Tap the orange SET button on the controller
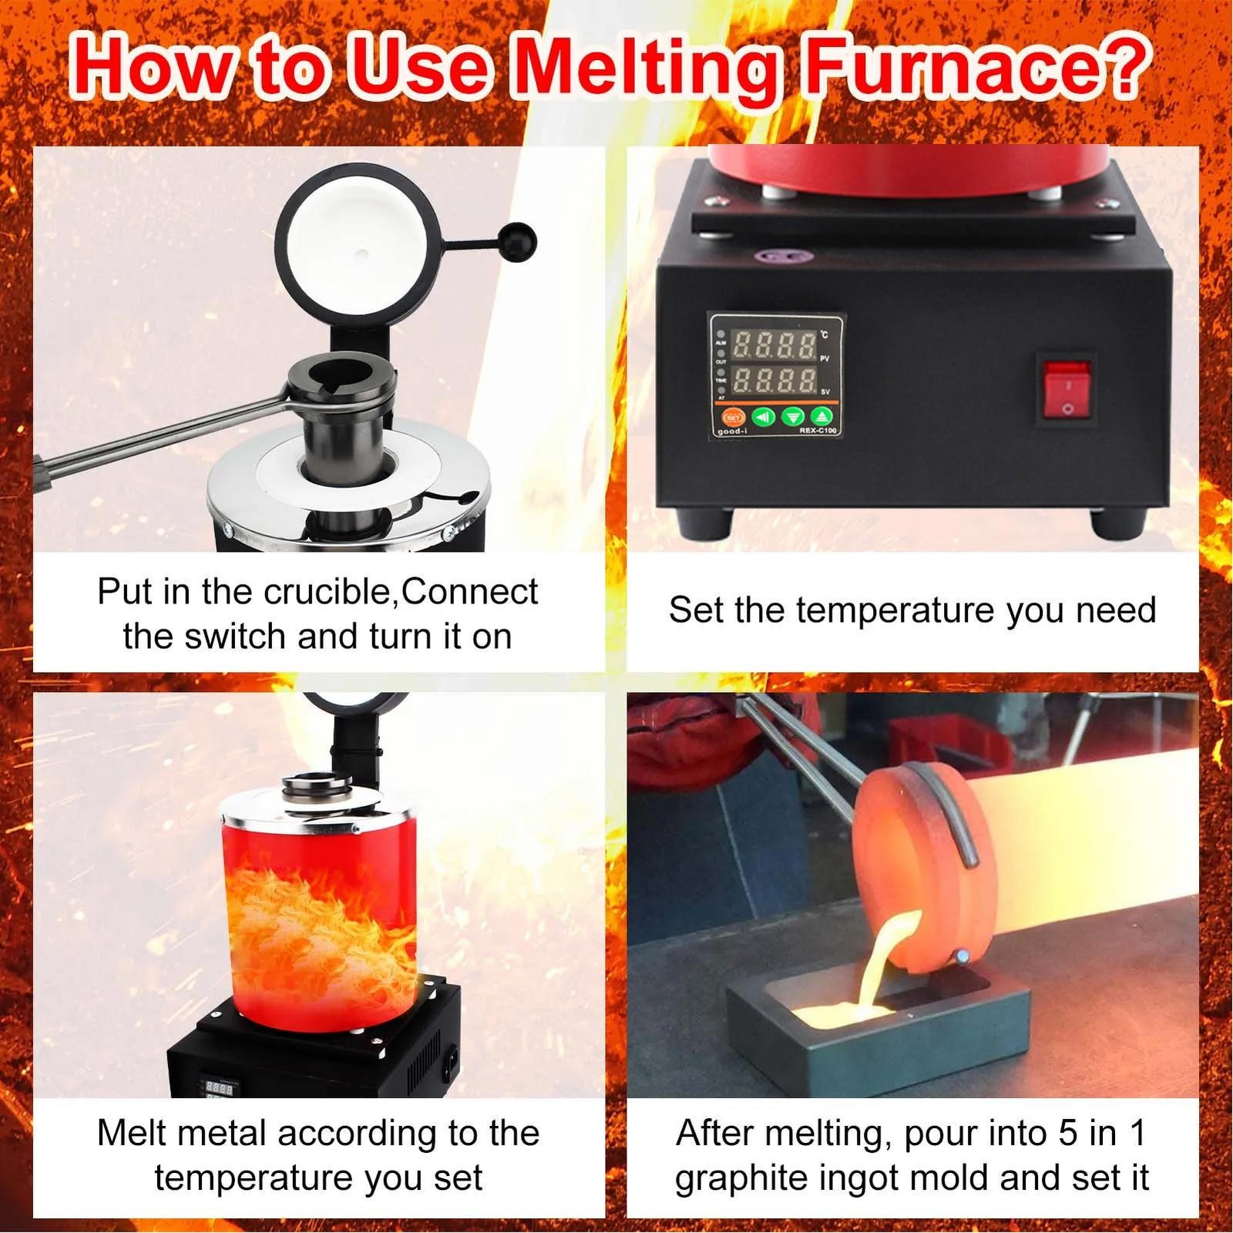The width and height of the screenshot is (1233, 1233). point(732,417)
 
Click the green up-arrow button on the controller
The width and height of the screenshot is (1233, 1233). point(821,417)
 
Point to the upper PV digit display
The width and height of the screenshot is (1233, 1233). point(774,345)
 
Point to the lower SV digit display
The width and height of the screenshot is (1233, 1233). point(774,380)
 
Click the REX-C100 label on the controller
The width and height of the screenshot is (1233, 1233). point(818,430)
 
